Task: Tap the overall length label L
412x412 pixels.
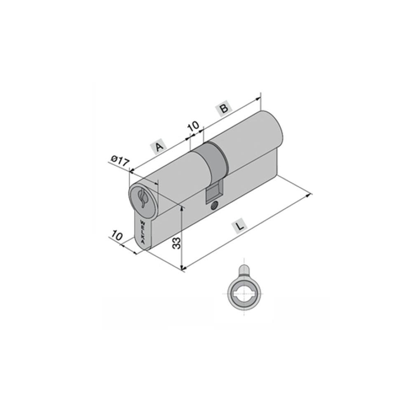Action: click(x=240, y=226)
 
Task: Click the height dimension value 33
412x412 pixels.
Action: click(x=176, y=243)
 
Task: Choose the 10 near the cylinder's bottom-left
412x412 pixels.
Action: click(x=117, y=235)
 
